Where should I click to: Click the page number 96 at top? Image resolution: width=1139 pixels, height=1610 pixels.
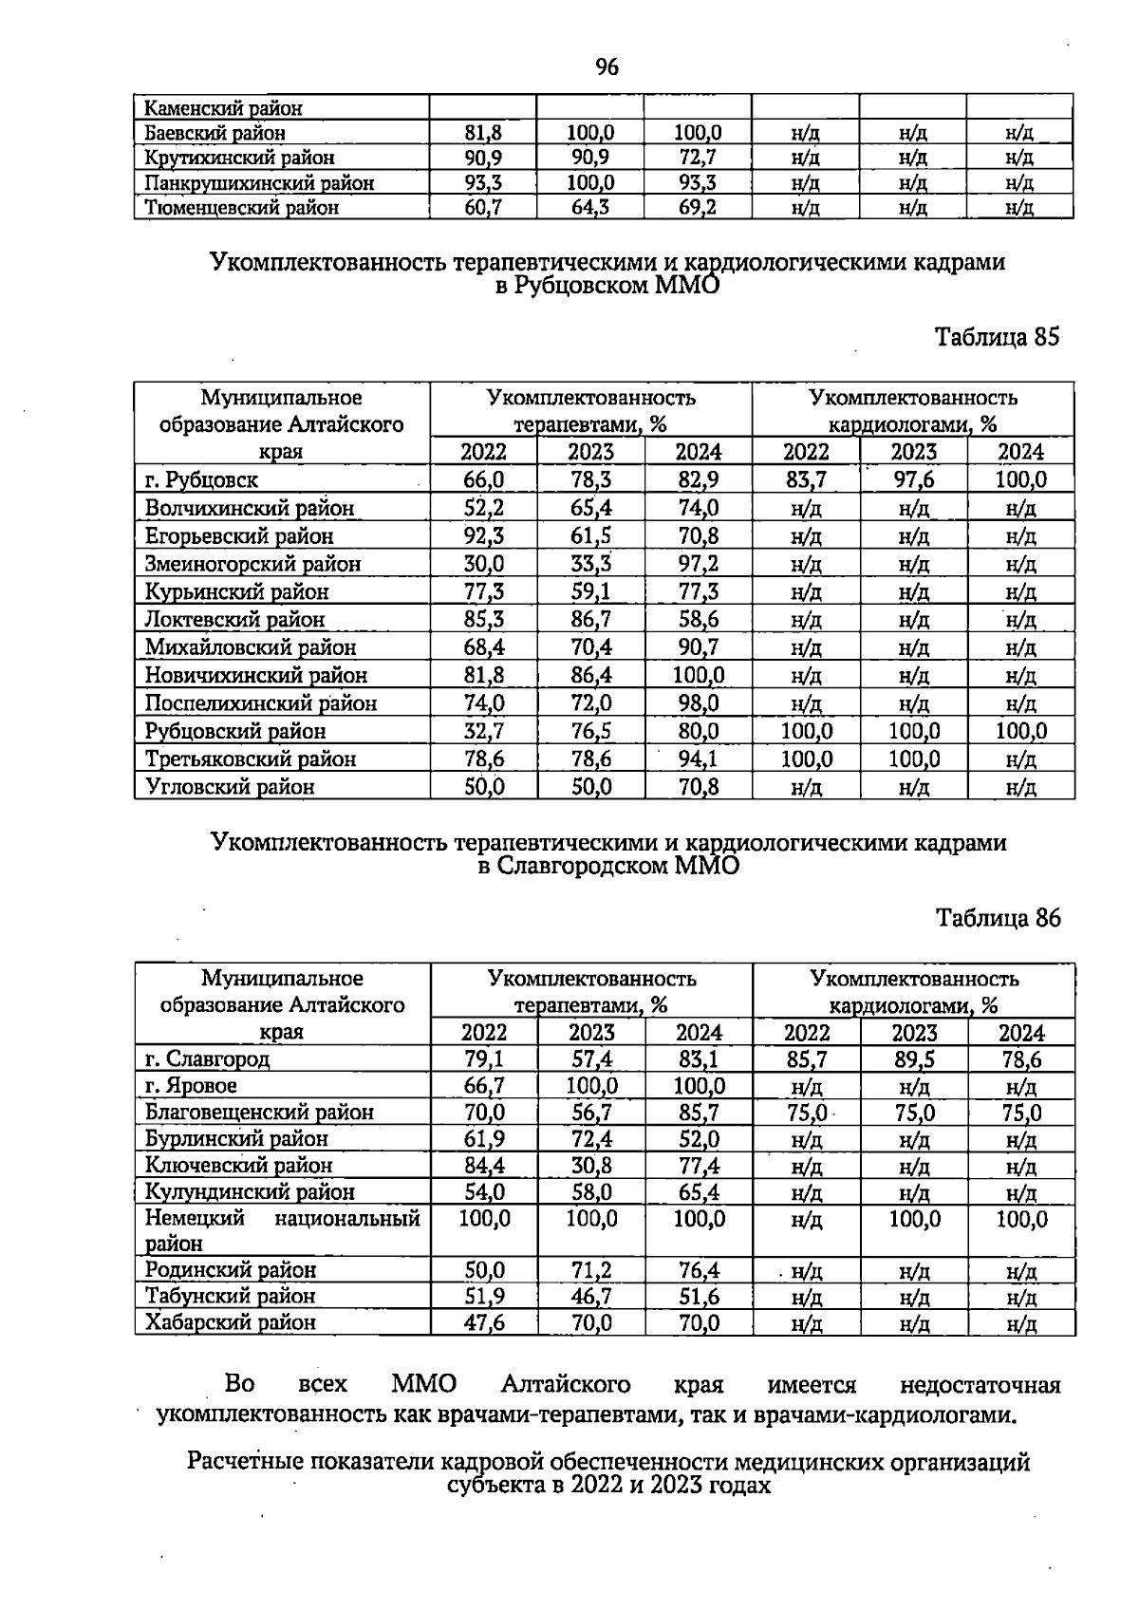607,67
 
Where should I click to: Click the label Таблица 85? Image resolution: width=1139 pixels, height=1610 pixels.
997,337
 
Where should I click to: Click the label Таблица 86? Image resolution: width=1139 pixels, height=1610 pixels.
998,918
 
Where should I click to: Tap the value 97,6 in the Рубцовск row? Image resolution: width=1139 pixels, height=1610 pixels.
914,480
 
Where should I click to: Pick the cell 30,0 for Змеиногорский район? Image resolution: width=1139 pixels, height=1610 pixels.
483,564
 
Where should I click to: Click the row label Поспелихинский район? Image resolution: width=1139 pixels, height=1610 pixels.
260,703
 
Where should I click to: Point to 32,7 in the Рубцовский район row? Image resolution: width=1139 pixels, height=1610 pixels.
483,731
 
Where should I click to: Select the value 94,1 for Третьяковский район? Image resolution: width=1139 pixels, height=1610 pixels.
699,758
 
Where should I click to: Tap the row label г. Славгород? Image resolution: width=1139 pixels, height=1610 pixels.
207,1058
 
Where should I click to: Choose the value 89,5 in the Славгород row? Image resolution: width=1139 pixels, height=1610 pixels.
914,1059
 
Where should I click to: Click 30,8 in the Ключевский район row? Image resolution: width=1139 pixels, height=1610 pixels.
591,1165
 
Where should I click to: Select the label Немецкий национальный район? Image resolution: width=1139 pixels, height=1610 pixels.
281,1229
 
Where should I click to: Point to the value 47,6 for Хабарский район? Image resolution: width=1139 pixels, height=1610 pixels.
484,1322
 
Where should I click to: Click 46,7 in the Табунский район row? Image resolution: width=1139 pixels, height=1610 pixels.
591,1296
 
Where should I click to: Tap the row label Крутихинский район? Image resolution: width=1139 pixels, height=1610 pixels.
239,158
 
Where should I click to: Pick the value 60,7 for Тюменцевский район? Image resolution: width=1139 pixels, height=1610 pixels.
483,207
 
